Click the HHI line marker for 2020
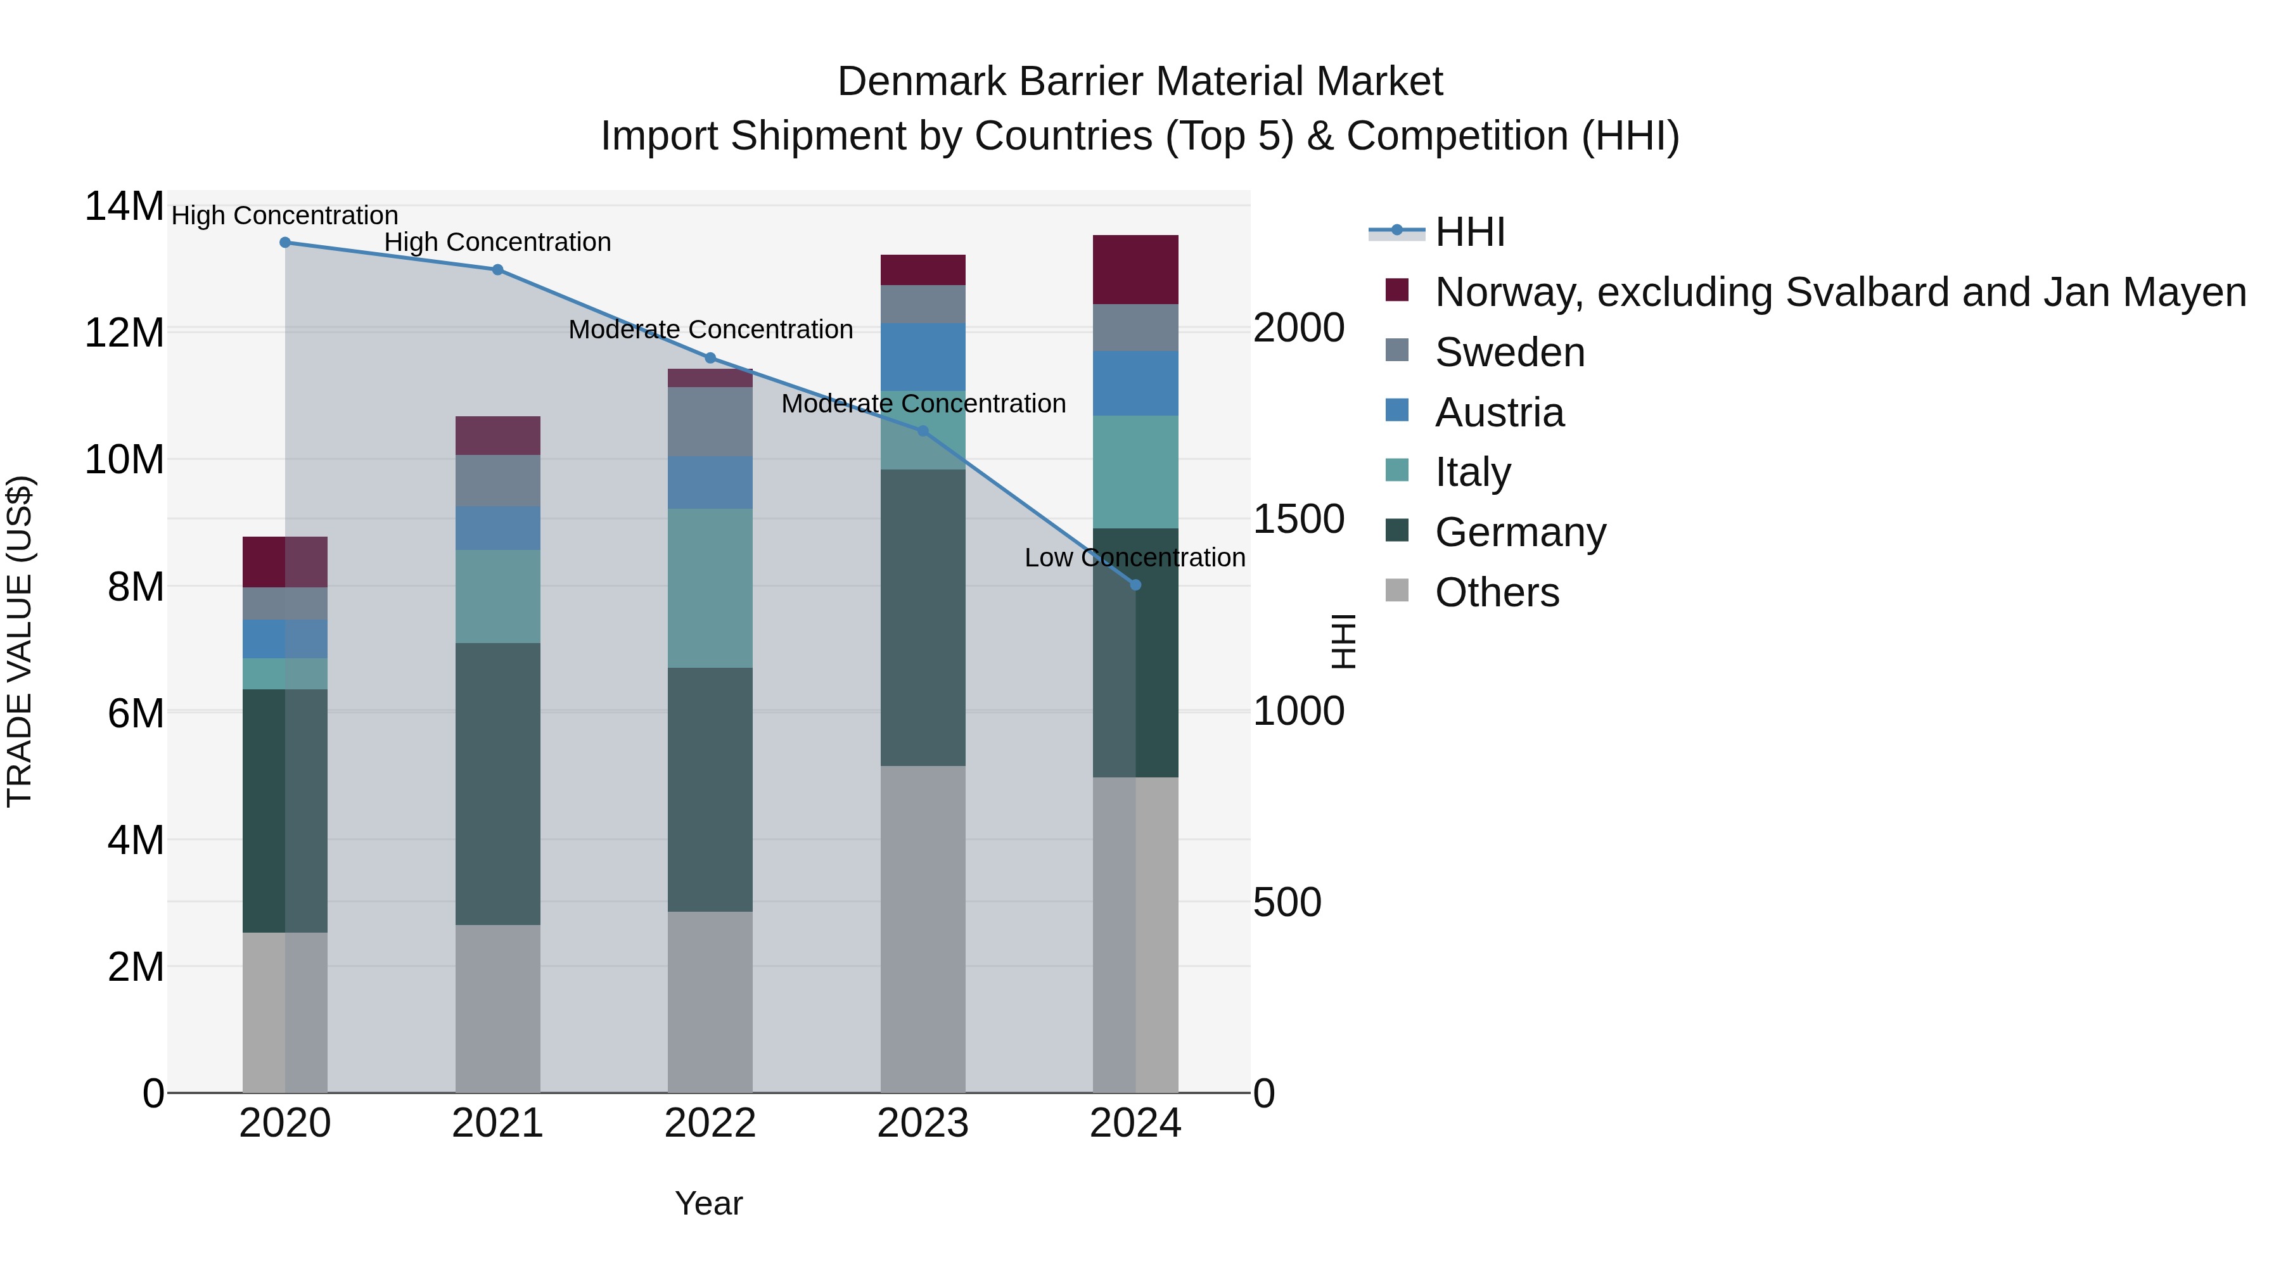pyautogui.click(x=285, y=243)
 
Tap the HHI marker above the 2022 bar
pyautogui.click(x=710, y=358)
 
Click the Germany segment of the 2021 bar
pyautogui.click(x=497, y=784)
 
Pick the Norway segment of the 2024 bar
pyautogui.click(x=1136, y=269)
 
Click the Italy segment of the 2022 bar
pyautogui.click(x=710, y=588)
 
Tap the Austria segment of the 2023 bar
pyautogui.click(x=923, y=357)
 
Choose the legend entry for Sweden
pyautogui.click(x=1510, y=352)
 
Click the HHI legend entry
pyautogui.click(x=1470, y=232)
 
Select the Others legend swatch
pyautogui.click(x=1396, y=590)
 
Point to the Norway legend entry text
pyautogui.click(x=1840, y=292)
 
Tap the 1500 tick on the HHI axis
pyautogui.click(x=1298, y=520)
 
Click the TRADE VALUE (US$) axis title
pyautogui.click(x=20, y=641)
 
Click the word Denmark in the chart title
pyautogui.click(x=921, y=82)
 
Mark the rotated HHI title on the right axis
pyautogui.click(x=1343, y=641)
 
